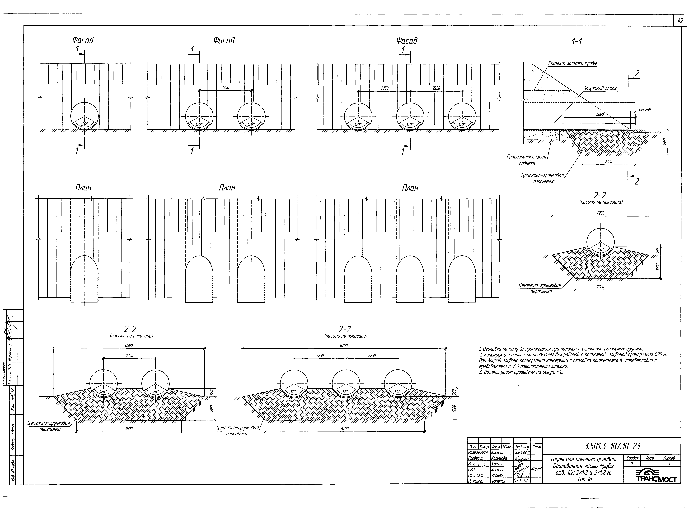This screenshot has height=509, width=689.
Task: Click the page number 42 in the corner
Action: tap(680, 21)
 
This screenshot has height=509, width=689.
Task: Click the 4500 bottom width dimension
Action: tap(129, 429)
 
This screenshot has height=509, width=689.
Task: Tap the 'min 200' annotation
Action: tap(645, 110)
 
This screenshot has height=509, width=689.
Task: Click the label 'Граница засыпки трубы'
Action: tap(572, 63)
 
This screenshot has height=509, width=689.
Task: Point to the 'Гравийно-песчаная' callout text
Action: tap(526, 157)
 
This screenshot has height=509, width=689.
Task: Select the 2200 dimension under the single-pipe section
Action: tap(600, 287)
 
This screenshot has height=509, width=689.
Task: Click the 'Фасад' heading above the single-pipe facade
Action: tap(83, 40)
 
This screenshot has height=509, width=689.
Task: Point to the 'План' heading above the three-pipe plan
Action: tap(410, 188)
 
